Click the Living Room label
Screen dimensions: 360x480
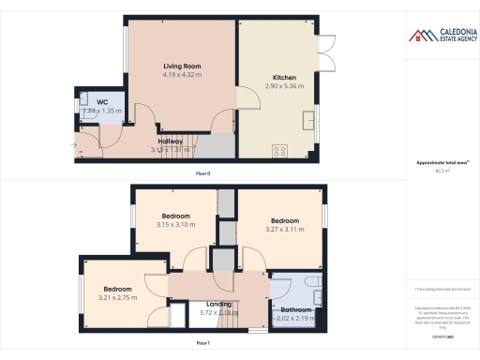click(x=184, y=66)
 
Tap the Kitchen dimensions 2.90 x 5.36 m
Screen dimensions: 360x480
click(x=284, y=85)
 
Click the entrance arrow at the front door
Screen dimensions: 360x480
click(x=73, y=144)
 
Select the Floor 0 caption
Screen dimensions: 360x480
click(x=202, y=174)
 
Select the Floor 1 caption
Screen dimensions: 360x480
click(x=202, y=344)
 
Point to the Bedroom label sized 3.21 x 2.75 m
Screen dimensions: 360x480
click(x=117, y=289)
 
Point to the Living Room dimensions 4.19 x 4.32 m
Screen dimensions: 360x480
click(x=184, y=74)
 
